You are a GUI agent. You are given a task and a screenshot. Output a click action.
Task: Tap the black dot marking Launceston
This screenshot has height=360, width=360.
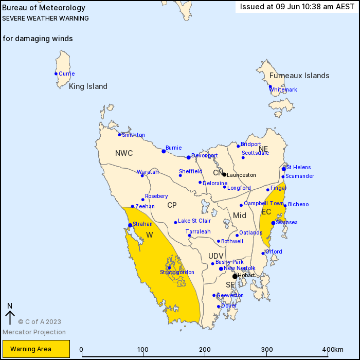(x=224, y=174)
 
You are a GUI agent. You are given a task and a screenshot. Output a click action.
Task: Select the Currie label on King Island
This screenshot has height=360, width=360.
(x=66, y=74)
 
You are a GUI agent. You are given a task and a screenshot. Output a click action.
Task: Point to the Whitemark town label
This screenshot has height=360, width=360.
(x=283, y=90)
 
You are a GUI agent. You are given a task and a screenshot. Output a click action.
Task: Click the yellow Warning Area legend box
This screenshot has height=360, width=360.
(x=34, y=349)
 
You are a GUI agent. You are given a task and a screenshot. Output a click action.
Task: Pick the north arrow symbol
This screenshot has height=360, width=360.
(x=9, y=314)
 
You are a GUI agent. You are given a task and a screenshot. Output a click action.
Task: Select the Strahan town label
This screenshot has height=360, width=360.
(x=142, y=224)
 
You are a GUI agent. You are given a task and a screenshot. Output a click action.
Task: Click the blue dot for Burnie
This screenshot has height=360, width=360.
(x=164, y=151)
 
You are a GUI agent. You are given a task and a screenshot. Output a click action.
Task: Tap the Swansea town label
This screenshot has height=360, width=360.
(x=286, y=223)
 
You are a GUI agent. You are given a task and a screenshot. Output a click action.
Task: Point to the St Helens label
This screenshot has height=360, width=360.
(x=298, y=168)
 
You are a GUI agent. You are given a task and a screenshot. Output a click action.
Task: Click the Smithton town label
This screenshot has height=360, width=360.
(x=133, y=135)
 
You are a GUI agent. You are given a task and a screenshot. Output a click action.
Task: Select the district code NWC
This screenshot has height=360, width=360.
(x=124, y=153)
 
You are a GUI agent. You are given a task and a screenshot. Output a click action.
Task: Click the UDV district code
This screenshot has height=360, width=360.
(x=216, y=256)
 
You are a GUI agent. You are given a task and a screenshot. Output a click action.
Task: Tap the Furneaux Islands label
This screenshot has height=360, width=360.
(x=299, y=76)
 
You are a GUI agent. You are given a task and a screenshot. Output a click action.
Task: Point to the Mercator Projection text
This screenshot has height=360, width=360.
(x=34, y=332)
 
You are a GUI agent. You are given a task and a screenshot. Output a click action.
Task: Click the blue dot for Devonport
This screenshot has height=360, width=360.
(x=189, y=157)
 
